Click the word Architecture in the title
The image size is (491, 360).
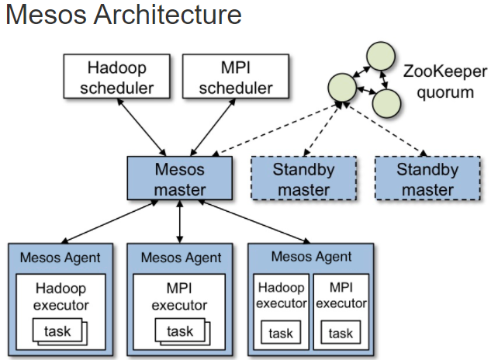click(168, 15)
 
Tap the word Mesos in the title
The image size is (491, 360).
click(47, 15)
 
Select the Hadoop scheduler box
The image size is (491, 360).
click(117, 77)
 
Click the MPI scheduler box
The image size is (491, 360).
click(236, 77)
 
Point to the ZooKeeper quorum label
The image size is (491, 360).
click(445, 81)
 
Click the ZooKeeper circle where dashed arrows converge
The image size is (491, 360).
click(342, 88)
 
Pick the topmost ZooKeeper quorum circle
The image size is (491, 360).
click(381, 56)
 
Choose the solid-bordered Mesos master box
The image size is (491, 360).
click(180, 178)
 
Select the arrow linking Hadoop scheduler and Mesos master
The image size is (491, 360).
click(141, 127)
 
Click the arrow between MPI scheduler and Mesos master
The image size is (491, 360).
click(213, 127)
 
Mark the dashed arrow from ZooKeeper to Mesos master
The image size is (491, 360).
click(277, 130)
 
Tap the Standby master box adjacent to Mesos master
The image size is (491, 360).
click(303, 178)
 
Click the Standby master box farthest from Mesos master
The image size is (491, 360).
click(427, 178)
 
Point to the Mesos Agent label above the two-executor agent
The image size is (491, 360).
click(311, 257)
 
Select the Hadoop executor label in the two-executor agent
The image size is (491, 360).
click(282, 295)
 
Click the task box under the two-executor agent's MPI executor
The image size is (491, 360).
click(341, 332)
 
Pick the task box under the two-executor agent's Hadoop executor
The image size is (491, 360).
click(281, 332)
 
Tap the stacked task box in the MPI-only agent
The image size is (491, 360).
click(182, 331)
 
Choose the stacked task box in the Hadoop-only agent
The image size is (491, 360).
click(60, 331)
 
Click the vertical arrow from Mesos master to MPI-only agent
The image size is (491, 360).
click(179, 222)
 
